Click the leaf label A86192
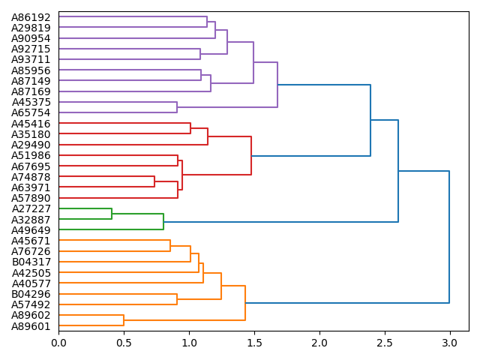pos(31,16)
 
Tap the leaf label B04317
pos(31,262)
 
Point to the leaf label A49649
pos(31,230)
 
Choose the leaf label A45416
pos(31,124)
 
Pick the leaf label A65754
pos(31,112)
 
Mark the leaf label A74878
pos(31,177)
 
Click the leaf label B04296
pos(31,294)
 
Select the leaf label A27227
pos(31,208)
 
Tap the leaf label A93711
pos(31,59)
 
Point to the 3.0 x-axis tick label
pos(449,343)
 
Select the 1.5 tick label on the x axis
pos(253,343)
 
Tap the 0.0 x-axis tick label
pos(58,343)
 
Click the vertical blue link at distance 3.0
pos(449,237)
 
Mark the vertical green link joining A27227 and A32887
pos(112,214)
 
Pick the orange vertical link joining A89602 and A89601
pos(124,320)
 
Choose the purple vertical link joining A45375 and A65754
pos(177,107)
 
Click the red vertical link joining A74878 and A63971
pos(154,181)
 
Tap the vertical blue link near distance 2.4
pos(370,120)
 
